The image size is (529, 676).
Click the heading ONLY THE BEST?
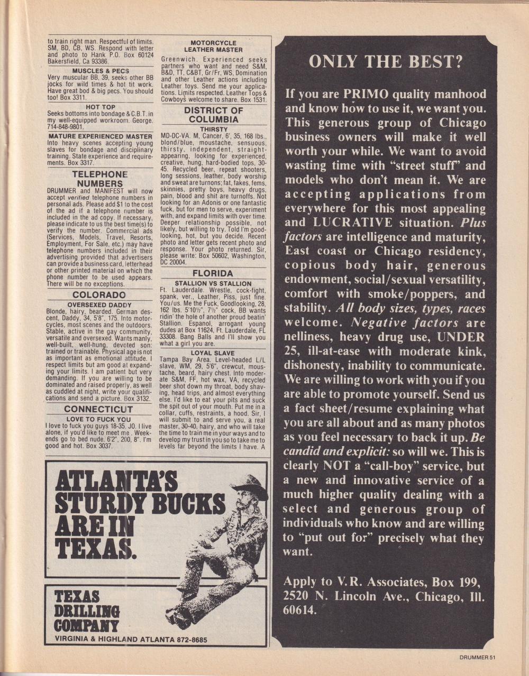pyautogui.click(x=386, y=62)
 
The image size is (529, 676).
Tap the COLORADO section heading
pyautogui.click(x=99, y=295)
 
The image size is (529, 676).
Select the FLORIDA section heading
pyautogui.click(x=212, y=273)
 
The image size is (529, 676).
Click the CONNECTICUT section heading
pyautogui.click(x=98, y=410)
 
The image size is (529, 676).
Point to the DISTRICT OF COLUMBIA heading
pyautogui.click(x=213, y=115)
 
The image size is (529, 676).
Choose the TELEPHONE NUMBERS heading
pyautogui.click(x=99, y=179)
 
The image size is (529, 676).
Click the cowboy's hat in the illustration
pyautogui.click(x=249, y=483)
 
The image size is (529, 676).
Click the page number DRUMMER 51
pyautogui.click(x=477, y=658)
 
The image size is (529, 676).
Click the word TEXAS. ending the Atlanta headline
pyautogui.click(x=96, y=550)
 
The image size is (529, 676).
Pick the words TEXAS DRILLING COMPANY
pyautogui.click(x=87, y=611)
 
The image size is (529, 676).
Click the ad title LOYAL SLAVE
pyautogui.click(x=212, y=353)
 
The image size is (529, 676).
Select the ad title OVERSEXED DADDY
pyautogui.click(x=99, y=305)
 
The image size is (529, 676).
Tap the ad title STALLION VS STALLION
pyautogui.click(x=213, y=283)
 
